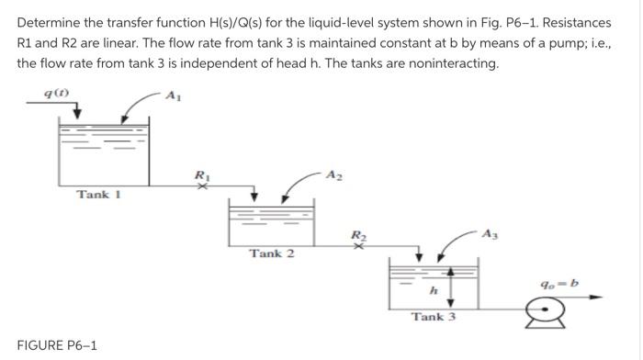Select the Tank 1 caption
click(94, 194)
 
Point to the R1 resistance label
click(204, 173)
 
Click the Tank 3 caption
click(433, 317)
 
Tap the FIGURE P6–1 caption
click(57, 345)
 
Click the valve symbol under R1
click(204, 186)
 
